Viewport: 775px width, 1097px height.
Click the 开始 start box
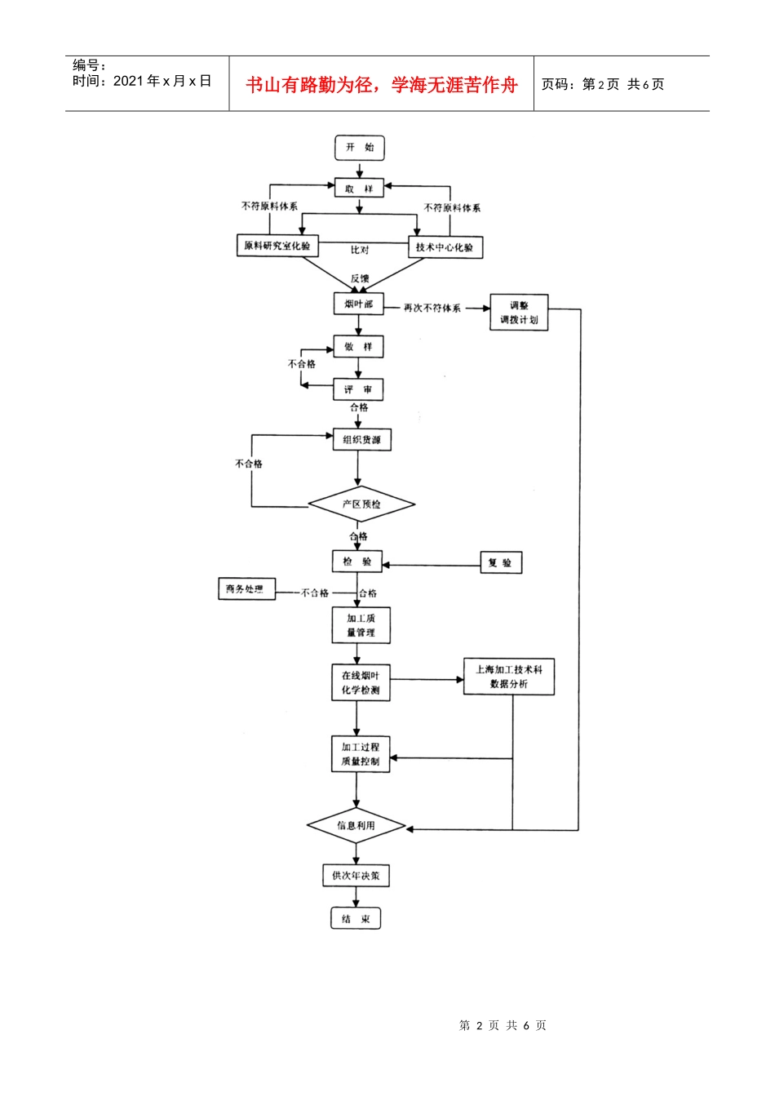(x=359, y=148)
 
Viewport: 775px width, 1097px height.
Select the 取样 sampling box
(x=358, y=189)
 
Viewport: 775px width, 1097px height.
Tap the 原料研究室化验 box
(x=277, y=246)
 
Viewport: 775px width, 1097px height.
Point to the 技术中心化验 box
(x=445, y=247)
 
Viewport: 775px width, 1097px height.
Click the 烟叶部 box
(x=358, y=304)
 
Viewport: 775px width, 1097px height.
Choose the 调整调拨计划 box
(x=519, y=313)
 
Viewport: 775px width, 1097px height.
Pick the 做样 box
(x=358, y=347)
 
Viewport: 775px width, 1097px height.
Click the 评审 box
(x=358, y=389)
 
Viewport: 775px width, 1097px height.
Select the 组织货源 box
(x=361, y=440)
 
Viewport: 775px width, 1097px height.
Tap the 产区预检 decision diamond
(x=361, y=504)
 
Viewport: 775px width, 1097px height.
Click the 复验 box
(x=500, y=562)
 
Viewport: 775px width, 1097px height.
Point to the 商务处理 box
(x=246, y=588)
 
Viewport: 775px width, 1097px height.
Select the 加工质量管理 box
(x=361, y=625)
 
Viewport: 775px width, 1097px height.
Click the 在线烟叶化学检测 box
(x=360, y=682)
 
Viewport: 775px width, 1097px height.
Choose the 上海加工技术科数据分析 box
(x=509, y=677)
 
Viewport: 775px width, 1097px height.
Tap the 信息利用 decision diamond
(x=356, y=826)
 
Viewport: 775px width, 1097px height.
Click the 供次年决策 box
(x=356, y=876)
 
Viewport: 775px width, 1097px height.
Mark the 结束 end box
(x=356, y=919)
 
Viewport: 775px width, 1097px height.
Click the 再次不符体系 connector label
(x=432, y=309)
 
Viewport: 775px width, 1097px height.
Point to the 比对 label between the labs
(x=360, y=250)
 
